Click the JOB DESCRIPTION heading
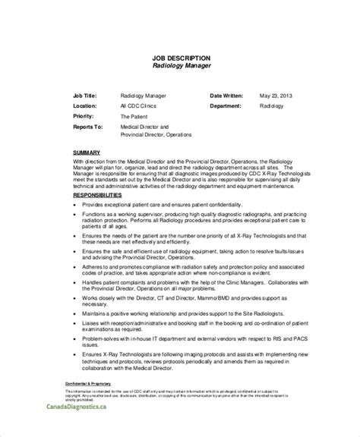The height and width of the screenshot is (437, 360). (180, 58)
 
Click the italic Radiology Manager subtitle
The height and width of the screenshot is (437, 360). (180, 67)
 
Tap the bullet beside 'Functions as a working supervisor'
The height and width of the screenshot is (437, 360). (77, 217)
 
